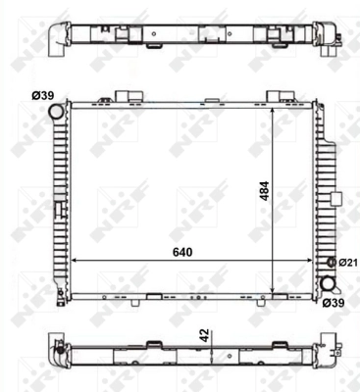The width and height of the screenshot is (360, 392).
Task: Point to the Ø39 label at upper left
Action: coord(42,95)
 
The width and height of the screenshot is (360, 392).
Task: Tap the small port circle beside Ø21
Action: coord(330,263)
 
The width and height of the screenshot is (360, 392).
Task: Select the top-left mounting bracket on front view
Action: coord(126,97)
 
